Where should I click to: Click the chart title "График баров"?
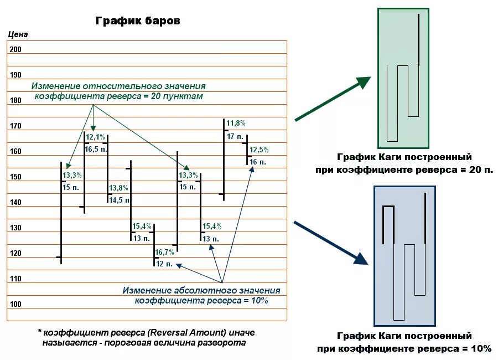point(138,21)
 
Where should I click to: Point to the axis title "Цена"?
point(18,34)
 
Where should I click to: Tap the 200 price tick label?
point(15,49)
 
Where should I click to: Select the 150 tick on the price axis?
point(15,177)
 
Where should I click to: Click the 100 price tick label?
point(15,304)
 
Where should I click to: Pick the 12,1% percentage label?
point(95,137)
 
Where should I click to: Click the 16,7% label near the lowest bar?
point(164,252)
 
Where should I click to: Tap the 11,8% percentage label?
point(236,123)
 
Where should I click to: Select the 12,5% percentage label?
point(259,150)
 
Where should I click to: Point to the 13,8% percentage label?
point(118,188)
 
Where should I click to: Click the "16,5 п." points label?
point(95,149)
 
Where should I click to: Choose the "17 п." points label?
point(235,136)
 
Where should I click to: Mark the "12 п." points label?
point(164,263)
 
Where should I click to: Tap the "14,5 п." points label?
point(120,200)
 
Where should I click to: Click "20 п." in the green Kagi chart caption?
point(480,169)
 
